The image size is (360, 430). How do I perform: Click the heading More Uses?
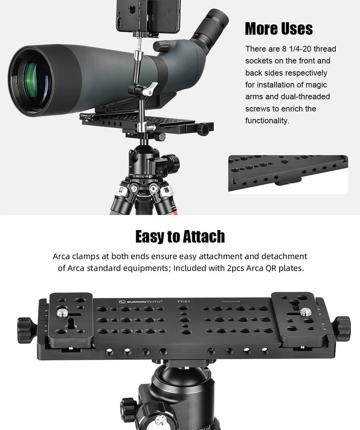tap(279, 29)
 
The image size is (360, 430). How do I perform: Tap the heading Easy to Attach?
tap(180, 237)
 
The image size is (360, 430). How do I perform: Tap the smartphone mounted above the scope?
tap(148, 16)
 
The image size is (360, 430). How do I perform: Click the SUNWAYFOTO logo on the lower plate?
tap(141, 302)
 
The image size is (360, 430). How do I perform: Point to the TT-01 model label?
tap(183, 302)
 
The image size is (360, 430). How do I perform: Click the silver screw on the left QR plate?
tap(61, 313)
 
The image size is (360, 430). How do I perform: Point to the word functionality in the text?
tap(267, 121)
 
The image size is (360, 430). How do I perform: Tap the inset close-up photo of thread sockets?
tap(288, 174)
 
